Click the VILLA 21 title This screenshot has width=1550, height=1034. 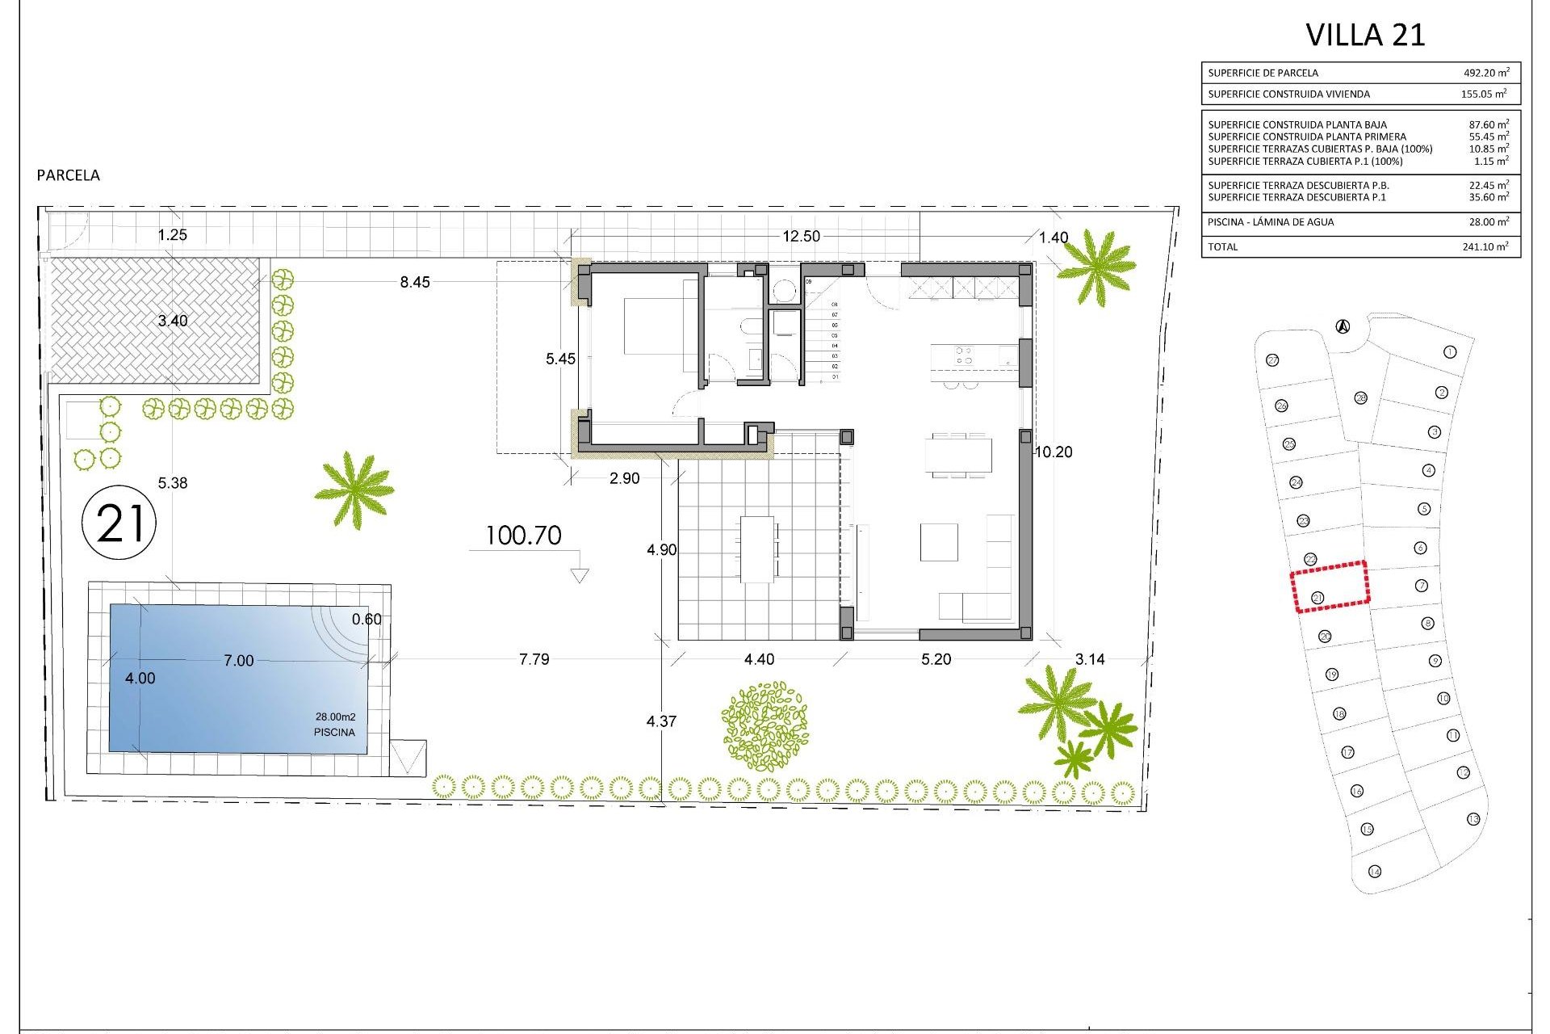tap(1365, 35)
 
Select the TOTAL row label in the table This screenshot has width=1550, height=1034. tap(1222, 247)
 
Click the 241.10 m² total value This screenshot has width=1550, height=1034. tap(1485, 247)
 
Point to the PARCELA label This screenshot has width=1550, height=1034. tap(69, 175)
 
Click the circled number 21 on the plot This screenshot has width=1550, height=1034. tap(119, 523)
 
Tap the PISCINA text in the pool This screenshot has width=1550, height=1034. tap(334, 733)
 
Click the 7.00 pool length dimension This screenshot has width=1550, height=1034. tap(238, 661)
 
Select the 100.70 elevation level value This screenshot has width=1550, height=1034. tap(523, 536)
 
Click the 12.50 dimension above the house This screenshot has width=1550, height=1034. tap(801, 236)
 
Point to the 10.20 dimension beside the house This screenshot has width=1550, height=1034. tap(1054, 452)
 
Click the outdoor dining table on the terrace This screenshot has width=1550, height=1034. tap(758, 549)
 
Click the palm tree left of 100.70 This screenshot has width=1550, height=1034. tap(354, 490)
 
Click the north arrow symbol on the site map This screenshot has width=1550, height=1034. tap(1343, 326)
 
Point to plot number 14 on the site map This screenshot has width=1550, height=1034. tap(1375, 872)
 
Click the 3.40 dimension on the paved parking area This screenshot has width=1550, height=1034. tap(172, 321)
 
